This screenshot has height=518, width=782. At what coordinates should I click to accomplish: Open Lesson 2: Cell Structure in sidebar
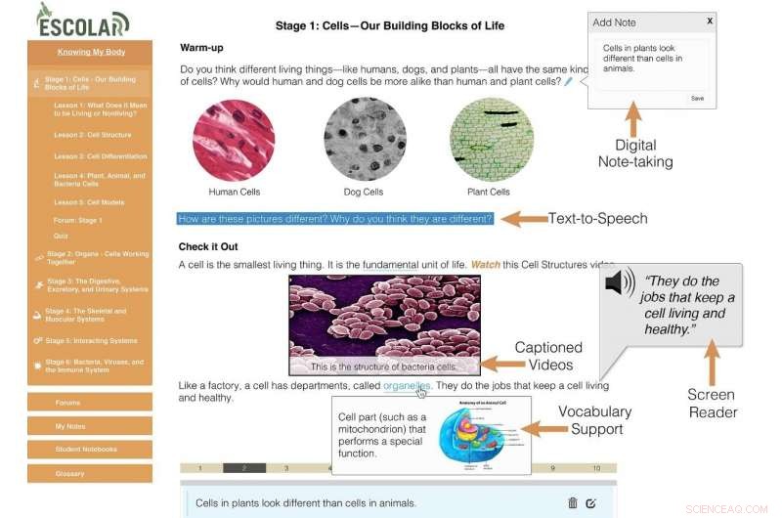point(92,135)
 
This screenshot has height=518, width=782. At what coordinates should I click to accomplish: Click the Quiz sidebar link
point(61,236)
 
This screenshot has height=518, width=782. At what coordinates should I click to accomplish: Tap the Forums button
point(90,402)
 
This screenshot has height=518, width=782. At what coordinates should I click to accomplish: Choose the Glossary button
point(90,473)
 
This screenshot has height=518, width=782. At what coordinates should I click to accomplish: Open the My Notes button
point(90,426)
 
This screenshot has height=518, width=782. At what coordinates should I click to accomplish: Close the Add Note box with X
point(710,21)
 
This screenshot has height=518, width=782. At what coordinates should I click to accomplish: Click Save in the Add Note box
point(697,98)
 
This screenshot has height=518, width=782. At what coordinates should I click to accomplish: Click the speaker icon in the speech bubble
point(620,283)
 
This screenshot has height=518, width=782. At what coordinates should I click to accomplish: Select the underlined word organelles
point(407,386)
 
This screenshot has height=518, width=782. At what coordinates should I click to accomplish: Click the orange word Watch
point(486,265)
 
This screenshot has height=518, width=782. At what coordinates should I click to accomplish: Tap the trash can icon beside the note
point(573,502)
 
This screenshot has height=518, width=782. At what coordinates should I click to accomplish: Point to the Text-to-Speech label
point(597,219)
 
